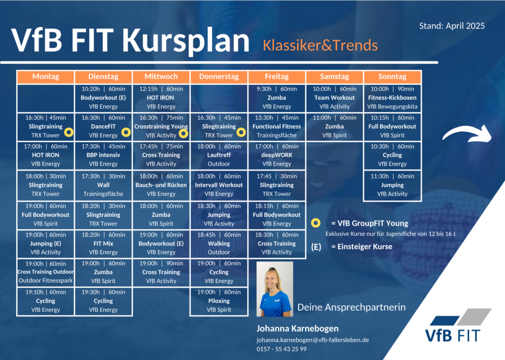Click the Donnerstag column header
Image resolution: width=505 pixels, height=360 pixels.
[x=218, y=76]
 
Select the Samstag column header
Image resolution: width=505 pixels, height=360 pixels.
[x=334, y=76]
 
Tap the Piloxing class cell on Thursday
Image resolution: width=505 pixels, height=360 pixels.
[x=218, y=301]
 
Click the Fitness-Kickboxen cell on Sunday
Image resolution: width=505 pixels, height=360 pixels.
[x=392, y=98]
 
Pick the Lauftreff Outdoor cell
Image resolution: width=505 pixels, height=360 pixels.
[x=218, y=155]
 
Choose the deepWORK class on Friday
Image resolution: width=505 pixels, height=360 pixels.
[x=277, y=155]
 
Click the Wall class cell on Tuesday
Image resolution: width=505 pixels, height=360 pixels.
[x=103, y=185]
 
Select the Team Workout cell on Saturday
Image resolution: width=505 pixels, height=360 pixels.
[x=334, y=98]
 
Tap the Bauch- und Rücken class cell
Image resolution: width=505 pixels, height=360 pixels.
[x=161, y=185]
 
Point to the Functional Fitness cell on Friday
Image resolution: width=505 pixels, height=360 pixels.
[x=277, y=127]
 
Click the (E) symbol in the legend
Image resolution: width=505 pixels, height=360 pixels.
[x=316, y=247]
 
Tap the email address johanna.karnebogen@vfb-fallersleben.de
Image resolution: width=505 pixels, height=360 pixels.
[x=313, y=340]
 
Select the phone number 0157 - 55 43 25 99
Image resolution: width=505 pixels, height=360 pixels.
[x=282, y=349]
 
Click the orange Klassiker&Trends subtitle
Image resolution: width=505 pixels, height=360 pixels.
[x=320, y=45]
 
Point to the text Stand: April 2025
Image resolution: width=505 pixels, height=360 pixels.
[x=452, y=26]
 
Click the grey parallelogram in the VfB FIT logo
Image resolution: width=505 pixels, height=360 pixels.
[x=474, y=317]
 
